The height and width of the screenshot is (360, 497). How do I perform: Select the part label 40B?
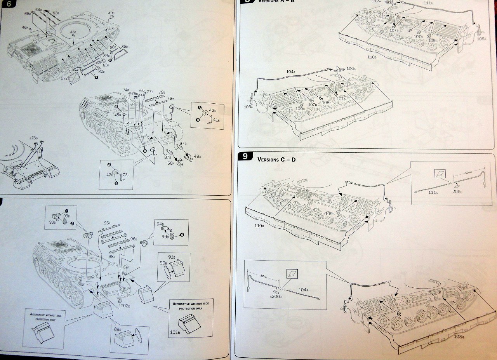[111, 13]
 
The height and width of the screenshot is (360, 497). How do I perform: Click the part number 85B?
[124, 47]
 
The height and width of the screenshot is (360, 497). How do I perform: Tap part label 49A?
[197, 157]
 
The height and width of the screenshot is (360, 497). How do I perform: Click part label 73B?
[125, 174]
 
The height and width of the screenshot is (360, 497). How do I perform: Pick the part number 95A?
[107, 224]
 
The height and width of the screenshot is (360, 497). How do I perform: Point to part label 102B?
[125, 306]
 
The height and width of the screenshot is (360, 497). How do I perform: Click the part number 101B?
[175, 332]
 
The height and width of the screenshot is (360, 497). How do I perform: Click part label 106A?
[351, 68]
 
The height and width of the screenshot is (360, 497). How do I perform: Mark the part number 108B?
[327, 103]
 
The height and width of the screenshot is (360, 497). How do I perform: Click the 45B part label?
[117, 115]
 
